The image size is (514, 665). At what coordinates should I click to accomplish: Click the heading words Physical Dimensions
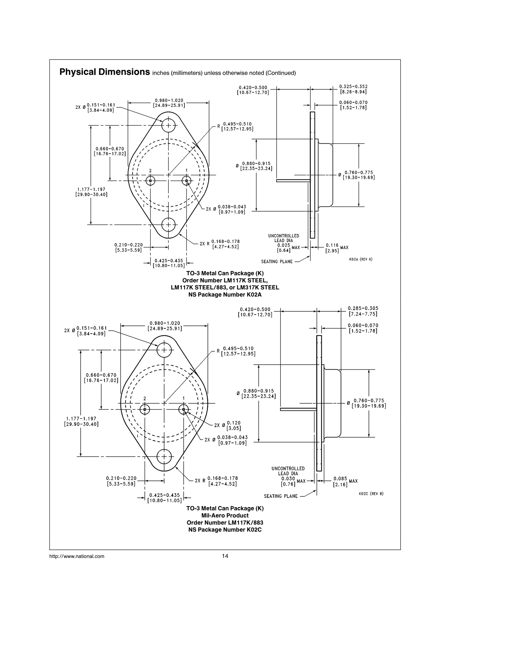[x=104, y=72]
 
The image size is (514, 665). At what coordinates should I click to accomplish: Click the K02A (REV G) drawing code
[x=361, y=259]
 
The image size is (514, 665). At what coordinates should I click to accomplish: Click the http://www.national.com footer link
[x=77, y=557]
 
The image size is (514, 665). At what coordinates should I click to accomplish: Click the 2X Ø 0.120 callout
[x=227, y=425]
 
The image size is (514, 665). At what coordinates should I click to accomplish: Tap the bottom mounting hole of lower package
[x=164, y=456]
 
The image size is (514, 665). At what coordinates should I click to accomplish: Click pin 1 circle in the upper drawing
[x=186, y=181]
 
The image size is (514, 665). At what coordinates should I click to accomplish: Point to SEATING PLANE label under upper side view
[x=277, y=261]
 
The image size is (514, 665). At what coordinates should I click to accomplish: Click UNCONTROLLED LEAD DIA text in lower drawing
[x=288, y=471]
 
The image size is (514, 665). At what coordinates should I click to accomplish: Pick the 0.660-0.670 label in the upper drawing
[x=110, y=151]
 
